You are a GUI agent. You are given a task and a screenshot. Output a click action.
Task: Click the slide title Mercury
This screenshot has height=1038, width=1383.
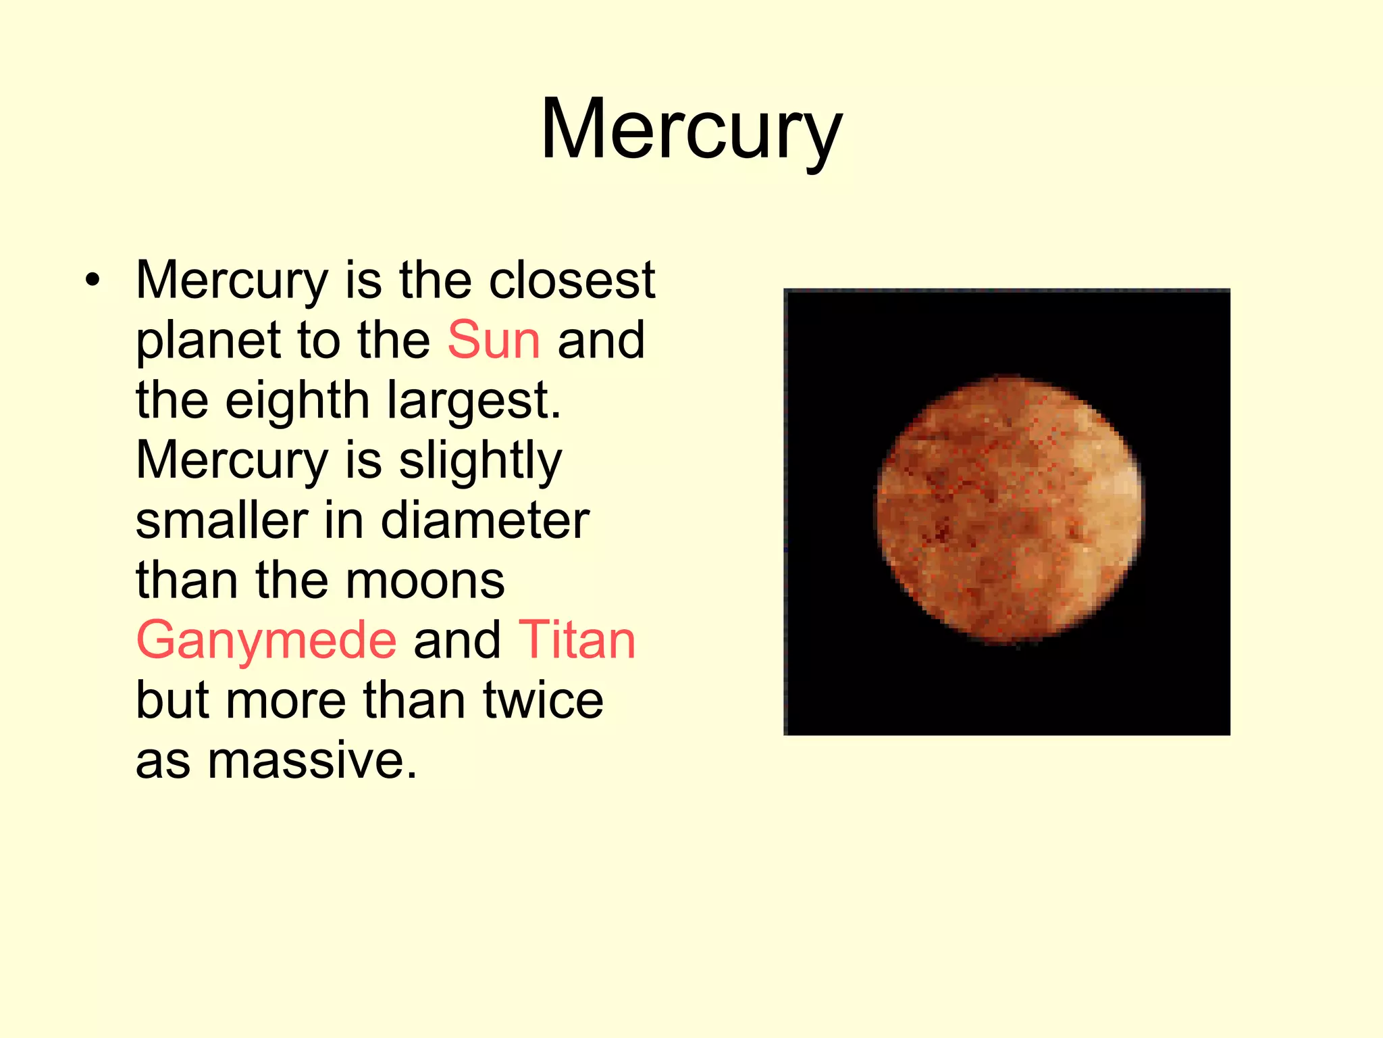coord(691,130)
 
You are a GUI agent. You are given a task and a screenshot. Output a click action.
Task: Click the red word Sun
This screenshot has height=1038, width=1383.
coord(494,340)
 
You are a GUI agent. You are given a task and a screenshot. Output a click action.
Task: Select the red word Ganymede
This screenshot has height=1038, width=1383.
coord(266,640)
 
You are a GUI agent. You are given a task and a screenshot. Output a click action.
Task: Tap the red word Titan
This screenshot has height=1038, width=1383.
coord(577,640)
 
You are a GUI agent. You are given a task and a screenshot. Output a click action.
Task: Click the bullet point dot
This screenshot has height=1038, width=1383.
coord(93,280)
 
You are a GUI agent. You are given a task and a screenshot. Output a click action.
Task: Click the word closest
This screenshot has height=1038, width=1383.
coord(571,280)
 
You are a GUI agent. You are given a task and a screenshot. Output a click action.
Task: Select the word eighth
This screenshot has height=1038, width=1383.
coord(297,400)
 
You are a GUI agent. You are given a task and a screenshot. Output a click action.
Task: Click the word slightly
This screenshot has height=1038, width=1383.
coord(480,462)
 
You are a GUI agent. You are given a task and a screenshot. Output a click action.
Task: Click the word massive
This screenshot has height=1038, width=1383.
coord(311,761)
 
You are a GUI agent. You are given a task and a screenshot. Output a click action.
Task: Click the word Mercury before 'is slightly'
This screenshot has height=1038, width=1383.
coord(232,462)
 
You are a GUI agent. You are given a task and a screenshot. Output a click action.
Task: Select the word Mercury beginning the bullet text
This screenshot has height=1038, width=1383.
coord(232,281)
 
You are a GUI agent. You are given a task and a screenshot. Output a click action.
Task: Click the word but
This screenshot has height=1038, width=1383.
coord(172,700)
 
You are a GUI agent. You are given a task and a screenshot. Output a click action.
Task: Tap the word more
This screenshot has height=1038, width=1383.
coord(286,701)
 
